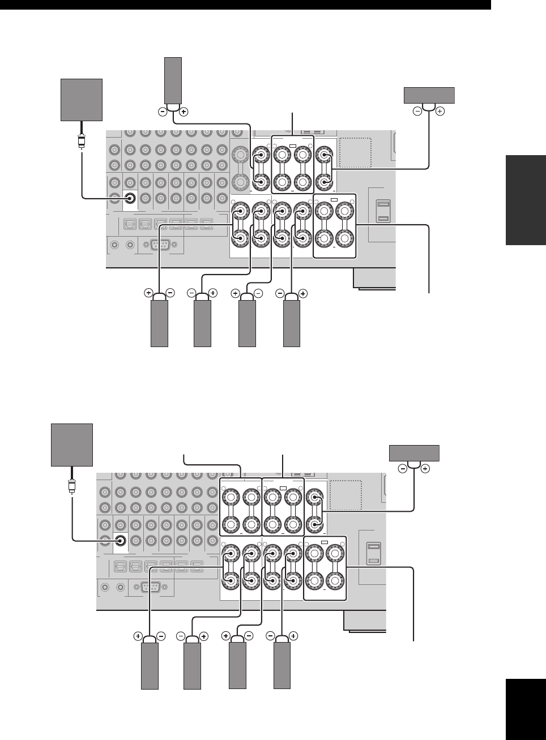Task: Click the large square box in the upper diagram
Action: [x=82, y=100]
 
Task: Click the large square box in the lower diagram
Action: [x=72, y=444]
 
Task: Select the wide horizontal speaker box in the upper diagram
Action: [x=429, y=95]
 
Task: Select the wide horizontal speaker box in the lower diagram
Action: [x=414, y=453]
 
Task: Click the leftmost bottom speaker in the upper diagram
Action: [x=159, y=324]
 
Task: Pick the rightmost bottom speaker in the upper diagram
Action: [x=291, y=324]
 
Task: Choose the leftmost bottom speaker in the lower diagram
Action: [x=150, y=666]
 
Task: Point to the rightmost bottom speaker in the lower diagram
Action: [x=282, y=666]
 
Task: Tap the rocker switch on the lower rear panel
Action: [x=373, y=554]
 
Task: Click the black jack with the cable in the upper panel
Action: [x=130, y=198]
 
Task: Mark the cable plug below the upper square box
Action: [x=82, y=139]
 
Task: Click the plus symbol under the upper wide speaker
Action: [x=440, y=112]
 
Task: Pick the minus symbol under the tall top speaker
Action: [x=163, y=112]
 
